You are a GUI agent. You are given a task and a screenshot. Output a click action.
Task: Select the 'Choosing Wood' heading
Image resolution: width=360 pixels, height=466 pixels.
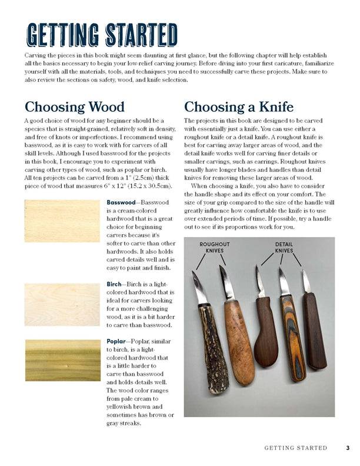click(74, 107)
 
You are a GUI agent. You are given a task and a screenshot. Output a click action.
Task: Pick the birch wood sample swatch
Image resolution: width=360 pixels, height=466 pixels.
click(62, 305)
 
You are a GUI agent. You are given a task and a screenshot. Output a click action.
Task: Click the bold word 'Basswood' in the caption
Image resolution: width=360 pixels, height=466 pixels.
click(121, 202)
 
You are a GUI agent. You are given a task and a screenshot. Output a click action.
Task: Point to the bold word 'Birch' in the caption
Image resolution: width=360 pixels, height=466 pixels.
click(114, 284)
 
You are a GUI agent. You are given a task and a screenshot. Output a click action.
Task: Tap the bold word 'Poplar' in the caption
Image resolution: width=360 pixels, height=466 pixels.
click(116, 341)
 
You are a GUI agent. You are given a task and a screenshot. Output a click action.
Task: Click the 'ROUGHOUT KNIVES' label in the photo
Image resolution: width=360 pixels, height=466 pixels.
click(214, 247)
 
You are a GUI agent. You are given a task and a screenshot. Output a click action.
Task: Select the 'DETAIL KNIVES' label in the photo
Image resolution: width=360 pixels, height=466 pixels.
click(284, 247)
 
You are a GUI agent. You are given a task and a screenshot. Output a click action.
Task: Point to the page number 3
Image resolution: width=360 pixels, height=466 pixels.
click(348, 448)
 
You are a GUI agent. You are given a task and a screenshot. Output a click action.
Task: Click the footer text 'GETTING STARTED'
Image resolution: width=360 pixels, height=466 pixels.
click(295, 448)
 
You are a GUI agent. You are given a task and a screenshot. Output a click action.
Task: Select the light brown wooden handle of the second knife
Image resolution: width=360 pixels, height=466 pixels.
click(239, 341)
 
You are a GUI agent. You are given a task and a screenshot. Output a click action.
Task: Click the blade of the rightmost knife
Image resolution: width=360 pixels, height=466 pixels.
click(306, 282)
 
